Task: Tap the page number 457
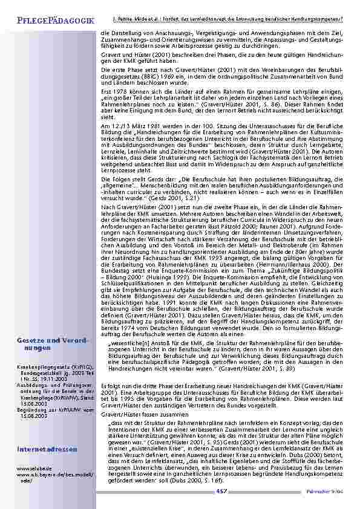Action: pyautogui.click(x=221, y=491)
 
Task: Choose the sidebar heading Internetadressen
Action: pyautogui.click(x=47, y=450)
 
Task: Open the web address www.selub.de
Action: pyautogui.click(x=30, y=468)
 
